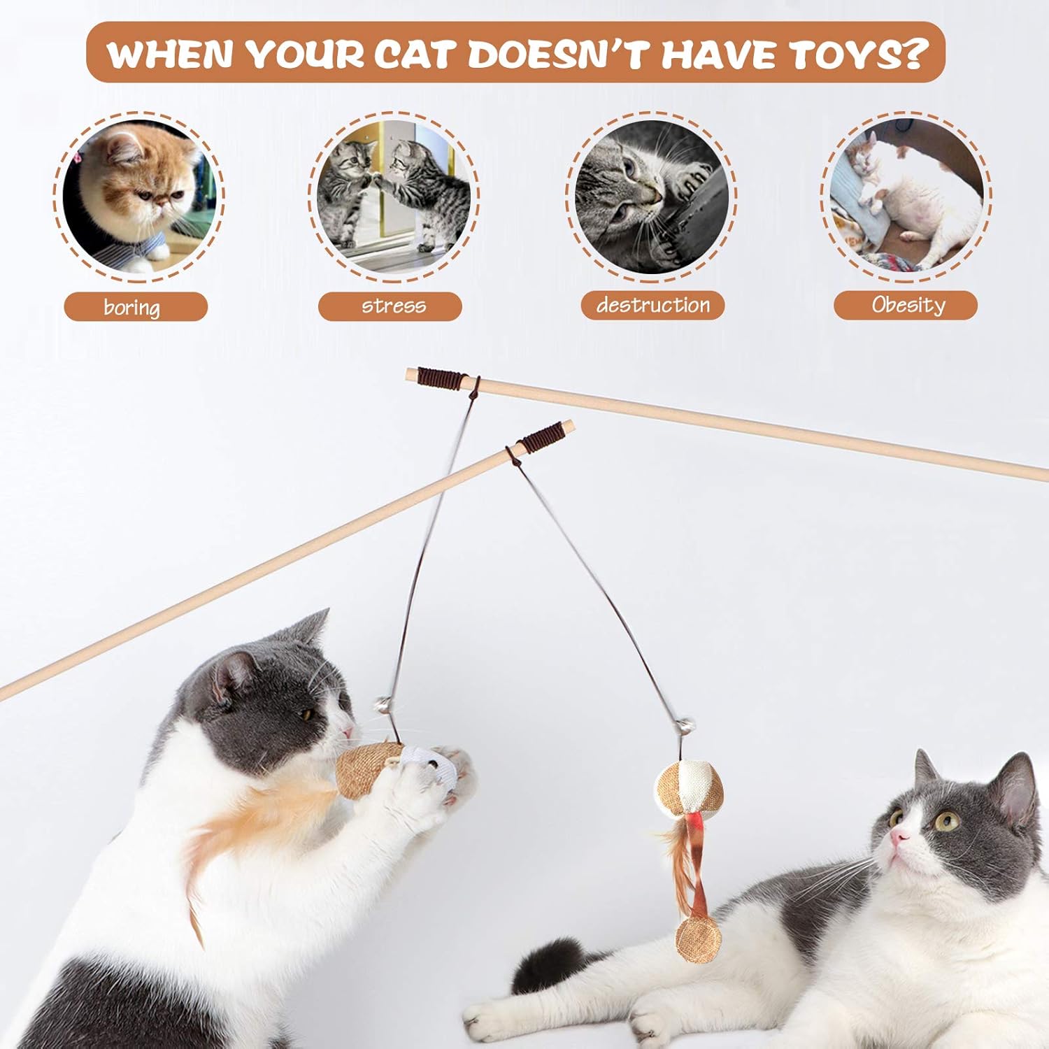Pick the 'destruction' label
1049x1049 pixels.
(x=652, y=306)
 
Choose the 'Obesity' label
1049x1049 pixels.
(x=906, y=305)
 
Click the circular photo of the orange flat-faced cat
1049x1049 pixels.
(x=138, y=195)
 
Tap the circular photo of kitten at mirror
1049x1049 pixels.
(x=393, y=194)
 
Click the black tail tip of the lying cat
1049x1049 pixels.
(x=552, y=958)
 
